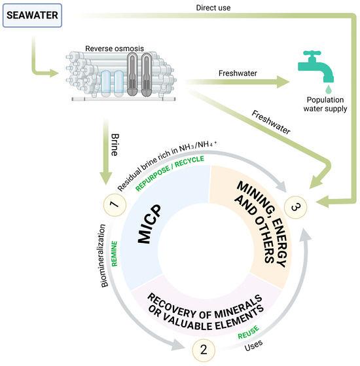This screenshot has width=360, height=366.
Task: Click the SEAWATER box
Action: pos(32,16)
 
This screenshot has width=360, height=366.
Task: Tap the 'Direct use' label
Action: pos(213,8)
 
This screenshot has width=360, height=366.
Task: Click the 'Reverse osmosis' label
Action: pos(115,48)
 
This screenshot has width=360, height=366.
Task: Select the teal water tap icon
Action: pos(316,67)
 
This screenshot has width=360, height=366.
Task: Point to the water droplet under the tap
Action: pos(329,90)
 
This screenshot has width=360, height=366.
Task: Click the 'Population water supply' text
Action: pos(325,104)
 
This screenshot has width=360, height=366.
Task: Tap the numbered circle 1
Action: pos(115,205)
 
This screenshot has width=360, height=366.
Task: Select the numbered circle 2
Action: pos(204,350)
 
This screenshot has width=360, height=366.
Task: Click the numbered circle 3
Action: pos(295,208)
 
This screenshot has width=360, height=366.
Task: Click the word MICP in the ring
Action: pos(149,224)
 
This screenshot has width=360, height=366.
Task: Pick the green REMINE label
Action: pos(115,254)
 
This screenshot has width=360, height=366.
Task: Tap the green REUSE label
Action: pos(249,333)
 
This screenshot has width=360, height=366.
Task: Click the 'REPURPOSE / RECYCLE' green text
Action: pos(170,173)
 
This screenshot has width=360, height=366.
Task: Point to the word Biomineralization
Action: pos(103,255)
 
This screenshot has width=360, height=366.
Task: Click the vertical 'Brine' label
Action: pos(115,145)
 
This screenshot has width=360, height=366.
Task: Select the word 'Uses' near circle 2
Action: pos(253,346)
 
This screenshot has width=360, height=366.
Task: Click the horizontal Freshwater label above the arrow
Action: pos(238,73)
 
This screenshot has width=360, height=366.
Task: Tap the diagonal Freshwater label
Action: pos(271,122)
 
